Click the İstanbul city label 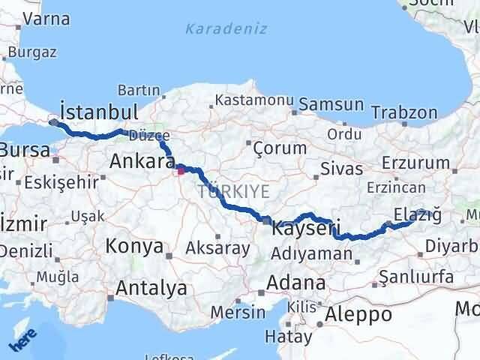[x=98, y=112]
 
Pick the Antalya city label [x=151, y=287]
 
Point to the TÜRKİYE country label [x=233, y=192]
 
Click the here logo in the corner [x=25, y=338]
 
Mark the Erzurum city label [x=415, y=163]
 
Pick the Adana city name [x=298, y=284]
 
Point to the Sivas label [x=335, y=168]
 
